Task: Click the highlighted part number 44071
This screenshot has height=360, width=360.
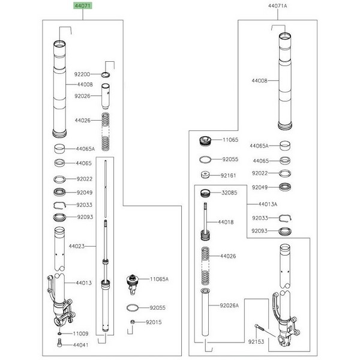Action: pos(83,6)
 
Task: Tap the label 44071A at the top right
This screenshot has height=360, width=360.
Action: pos(278,6)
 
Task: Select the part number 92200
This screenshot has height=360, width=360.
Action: pos(82,74)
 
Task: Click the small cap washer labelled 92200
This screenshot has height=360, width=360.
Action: pos(106,74)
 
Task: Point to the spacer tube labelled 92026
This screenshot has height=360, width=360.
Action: pos(106,97)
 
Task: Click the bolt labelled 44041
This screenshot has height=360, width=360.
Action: pos(59,344)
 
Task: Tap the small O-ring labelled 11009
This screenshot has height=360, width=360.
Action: pos(59,334)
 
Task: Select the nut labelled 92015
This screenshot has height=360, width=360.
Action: pos(133,322)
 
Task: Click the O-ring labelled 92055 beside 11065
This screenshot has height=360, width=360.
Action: pos(205,160)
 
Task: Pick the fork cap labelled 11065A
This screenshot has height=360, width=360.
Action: pos(133,284)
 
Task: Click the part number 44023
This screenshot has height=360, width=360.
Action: pos(77,246)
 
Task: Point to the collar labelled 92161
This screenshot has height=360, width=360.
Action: pos(205,175)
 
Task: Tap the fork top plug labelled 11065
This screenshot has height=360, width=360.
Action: pos(205,140)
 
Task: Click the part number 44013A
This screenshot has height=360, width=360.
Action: pos(268,204)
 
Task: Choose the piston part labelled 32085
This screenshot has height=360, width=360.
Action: pos(205,193)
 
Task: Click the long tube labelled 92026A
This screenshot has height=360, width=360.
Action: pos(205,312)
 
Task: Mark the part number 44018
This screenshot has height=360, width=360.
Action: pos(226,222)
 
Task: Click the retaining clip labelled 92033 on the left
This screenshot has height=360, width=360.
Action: pos(59,205)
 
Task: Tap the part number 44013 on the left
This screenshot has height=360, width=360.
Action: pos(84,283)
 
